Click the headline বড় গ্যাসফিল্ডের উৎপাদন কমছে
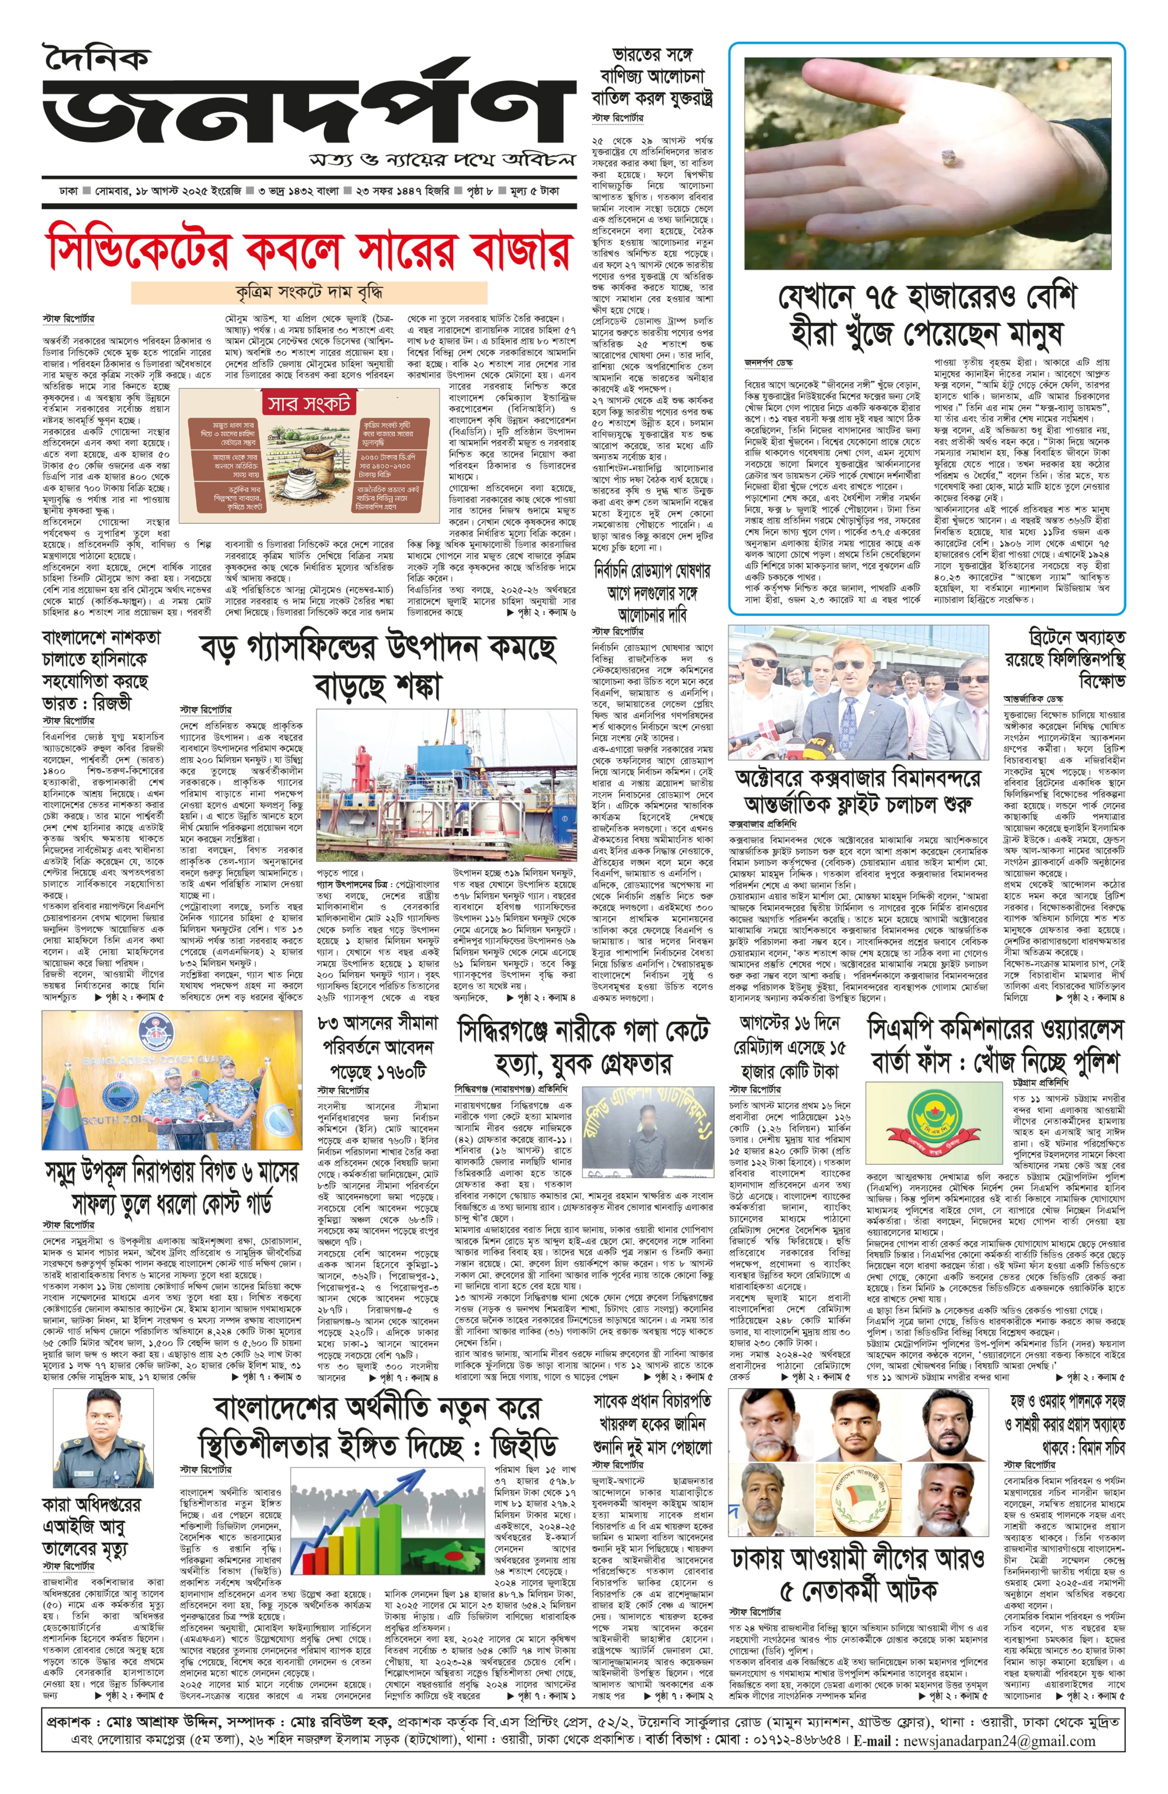pos(378,648)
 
